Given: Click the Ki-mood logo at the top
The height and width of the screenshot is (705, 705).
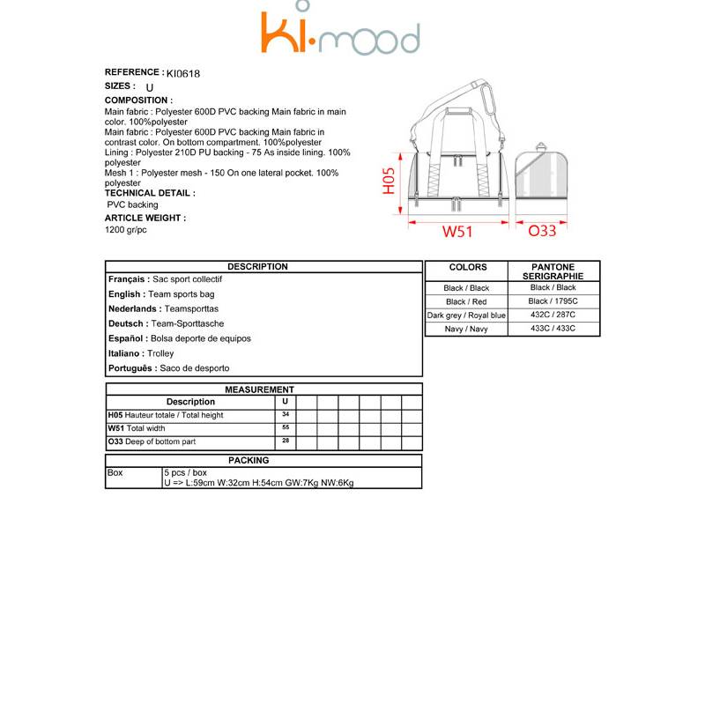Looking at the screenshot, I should coord(340,33).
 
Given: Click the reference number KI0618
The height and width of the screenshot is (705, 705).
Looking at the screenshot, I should coord(183,74).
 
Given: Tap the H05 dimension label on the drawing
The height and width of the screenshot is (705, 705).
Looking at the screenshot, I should coord(390,184).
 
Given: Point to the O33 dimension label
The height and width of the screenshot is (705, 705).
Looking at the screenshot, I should coord(542,232).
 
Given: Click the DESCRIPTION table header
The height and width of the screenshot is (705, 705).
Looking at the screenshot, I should coord(257,266).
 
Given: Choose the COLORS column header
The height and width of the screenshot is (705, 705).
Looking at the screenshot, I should coord(467,267).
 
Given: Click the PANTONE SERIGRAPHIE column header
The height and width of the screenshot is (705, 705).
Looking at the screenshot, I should coord(553,271).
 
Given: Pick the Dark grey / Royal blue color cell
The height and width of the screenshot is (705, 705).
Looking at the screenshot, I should coord(467,315).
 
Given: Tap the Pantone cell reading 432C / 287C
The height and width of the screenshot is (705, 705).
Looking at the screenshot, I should coord(553,315).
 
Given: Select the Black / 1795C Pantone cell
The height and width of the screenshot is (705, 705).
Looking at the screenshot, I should coord(553,301).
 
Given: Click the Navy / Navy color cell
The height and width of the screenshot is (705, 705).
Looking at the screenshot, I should coord(467,329).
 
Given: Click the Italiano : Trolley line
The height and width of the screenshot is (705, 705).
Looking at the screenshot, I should coord(141,353).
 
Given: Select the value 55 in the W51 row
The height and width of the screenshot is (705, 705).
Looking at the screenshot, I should coord(286,427).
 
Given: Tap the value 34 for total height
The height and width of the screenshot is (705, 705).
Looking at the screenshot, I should coord(286,413).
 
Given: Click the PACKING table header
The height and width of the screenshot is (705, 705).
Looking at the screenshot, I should coord(249,460).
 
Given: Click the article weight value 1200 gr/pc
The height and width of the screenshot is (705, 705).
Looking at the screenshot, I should coord(126,230).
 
